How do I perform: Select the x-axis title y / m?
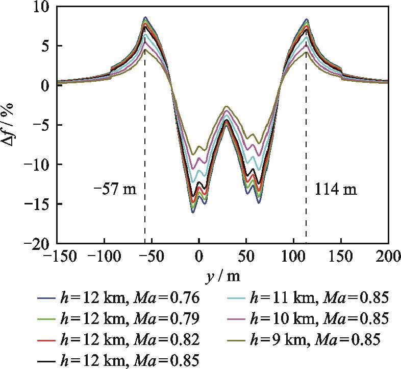coord(222,276)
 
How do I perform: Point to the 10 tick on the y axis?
coord(42,6)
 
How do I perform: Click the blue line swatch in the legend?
coord(46,296)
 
